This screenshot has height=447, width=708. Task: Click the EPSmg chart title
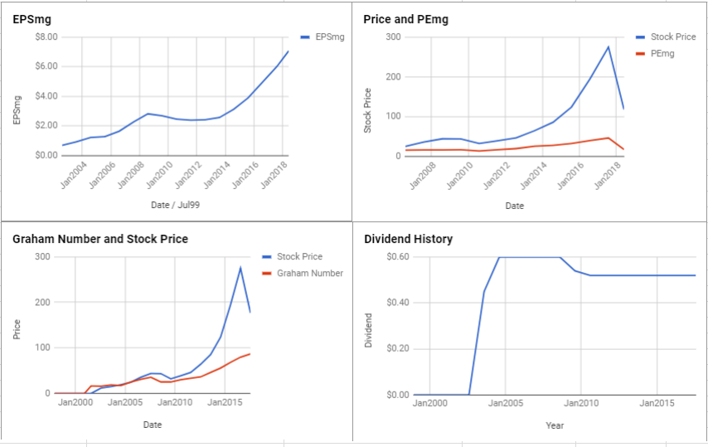tap(32, 19)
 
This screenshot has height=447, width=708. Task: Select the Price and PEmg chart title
tap(406, 19)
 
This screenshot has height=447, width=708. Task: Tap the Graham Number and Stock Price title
tap(100, 239)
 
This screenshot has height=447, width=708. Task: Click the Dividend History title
tap(408, 239)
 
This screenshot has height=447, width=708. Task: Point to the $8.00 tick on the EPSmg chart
tap(46, 37)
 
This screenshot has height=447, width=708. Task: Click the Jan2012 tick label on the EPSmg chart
tap(187, 174)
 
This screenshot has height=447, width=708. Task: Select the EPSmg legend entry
tap(322, 37)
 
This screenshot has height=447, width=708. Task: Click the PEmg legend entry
tap(655, 54)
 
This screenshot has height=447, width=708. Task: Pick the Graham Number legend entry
tap(303, 273)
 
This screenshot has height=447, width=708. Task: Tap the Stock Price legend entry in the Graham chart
tap(292, 256)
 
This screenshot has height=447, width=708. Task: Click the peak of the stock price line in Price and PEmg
tap(609, 46)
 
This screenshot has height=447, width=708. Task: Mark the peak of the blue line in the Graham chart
tap(240, 268)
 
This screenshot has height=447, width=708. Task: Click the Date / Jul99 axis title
tap(175, 205)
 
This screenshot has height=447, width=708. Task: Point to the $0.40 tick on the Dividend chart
tap(398, 303)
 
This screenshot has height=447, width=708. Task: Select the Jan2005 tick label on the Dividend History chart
tap(505, 403)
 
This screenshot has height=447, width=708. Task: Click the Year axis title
tap(555, 425)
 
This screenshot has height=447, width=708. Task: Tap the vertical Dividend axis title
tap(368, 330)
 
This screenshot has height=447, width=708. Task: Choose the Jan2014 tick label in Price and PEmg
tap(533, 175)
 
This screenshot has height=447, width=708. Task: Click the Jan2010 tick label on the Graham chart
tap(175, 402)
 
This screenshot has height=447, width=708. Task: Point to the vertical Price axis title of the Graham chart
tap(17, 329)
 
